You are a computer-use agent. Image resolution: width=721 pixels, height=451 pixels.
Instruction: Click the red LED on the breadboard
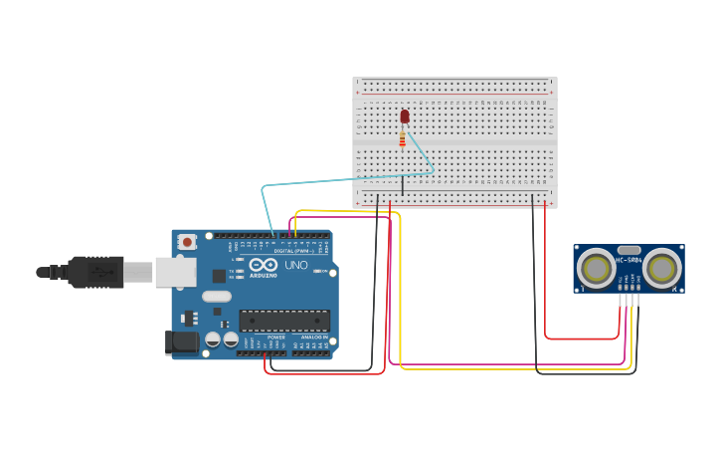404,116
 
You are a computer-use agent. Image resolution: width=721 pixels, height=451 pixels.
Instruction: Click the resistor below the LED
402,139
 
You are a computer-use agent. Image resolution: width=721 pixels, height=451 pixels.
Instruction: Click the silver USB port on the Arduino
175,272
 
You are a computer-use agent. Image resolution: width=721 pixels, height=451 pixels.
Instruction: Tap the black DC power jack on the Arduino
182,341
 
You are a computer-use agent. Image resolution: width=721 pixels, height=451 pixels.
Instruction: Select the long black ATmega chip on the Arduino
283,321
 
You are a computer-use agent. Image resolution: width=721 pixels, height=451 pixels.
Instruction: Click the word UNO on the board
296,266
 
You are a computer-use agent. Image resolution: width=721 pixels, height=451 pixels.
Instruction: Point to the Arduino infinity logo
264,265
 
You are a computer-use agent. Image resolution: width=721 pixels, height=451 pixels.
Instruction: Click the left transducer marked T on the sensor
597,268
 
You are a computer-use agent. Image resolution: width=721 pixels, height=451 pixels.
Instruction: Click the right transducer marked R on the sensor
661,268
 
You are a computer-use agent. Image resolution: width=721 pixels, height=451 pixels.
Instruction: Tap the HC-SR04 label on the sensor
629,261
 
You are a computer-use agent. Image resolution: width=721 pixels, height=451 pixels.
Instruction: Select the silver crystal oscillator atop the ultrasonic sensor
629,250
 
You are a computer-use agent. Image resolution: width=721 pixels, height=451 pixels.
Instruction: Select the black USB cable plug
95,272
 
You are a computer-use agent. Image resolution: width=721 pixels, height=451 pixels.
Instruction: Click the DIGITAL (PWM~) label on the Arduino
291,251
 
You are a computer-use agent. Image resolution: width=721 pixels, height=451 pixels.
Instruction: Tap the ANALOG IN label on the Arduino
313,338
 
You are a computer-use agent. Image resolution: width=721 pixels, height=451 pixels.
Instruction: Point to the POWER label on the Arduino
276,338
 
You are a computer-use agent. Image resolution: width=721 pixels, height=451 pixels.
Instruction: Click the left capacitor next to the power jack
213,339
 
